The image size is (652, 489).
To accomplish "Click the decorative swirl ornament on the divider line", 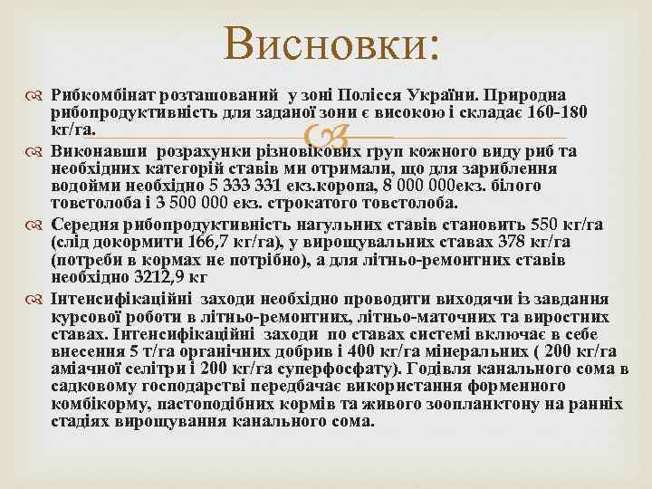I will coord(326,139).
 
